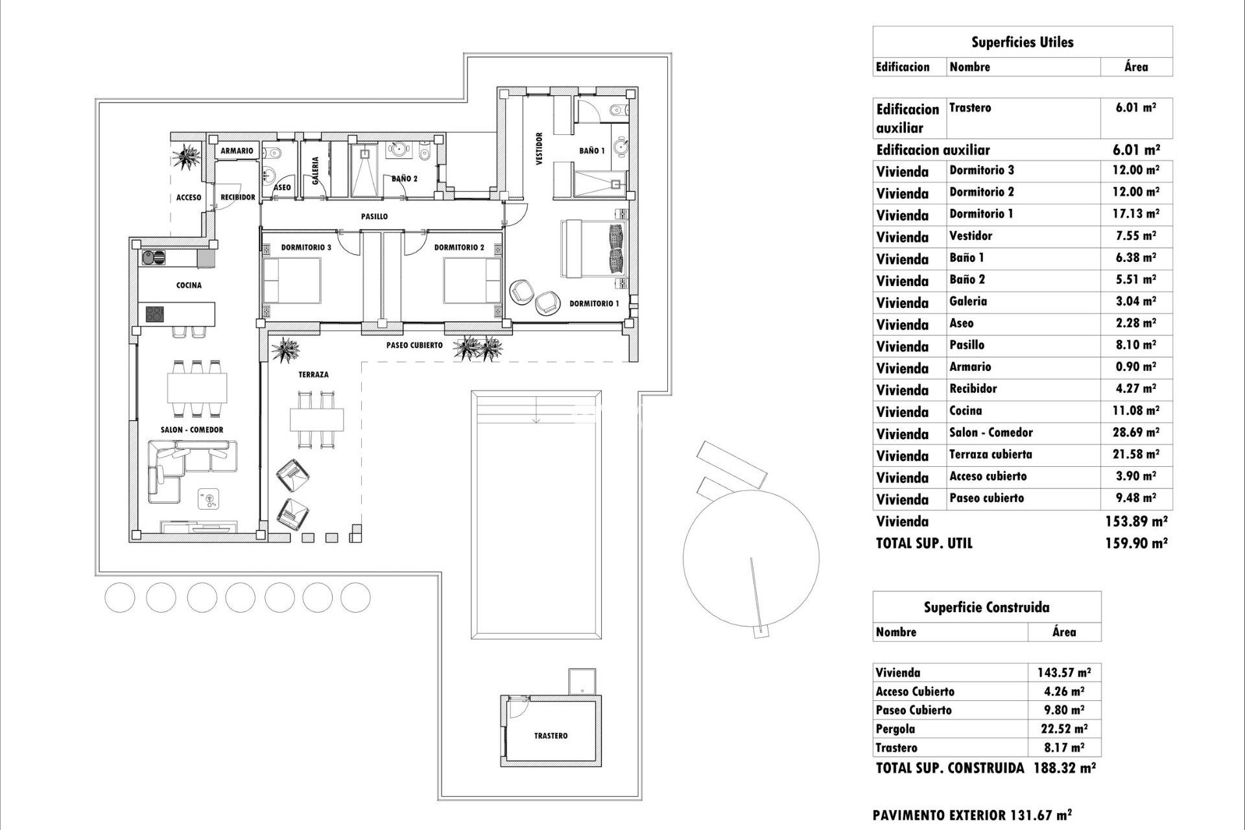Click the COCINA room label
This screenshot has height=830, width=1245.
point(189,285)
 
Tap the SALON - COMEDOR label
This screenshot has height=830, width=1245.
point(192,430)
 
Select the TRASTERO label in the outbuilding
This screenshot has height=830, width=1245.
point(551,736)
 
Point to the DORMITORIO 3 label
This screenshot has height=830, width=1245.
point(306,248)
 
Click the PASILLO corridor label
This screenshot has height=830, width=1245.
point(374,217)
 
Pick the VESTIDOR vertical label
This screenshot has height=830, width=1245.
point(539,149)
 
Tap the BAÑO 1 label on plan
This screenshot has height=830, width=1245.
point(591,150)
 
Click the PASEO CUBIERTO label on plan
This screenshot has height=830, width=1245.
point(414,346)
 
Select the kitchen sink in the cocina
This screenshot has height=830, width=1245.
point(154,258)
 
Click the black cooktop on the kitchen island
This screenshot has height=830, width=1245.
point(154,314)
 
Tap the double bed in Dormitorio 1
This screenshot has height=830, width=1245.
point(593,249)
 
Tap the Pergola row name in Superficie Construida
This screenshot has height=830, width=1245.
point(895,729)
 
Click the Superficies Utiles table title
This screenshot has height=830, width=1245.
point(1022,43)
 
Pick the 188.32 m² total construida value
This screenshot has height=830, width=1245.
point(1061,768)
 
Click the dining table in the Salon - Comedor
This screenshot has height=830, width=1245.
point(197,388)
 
